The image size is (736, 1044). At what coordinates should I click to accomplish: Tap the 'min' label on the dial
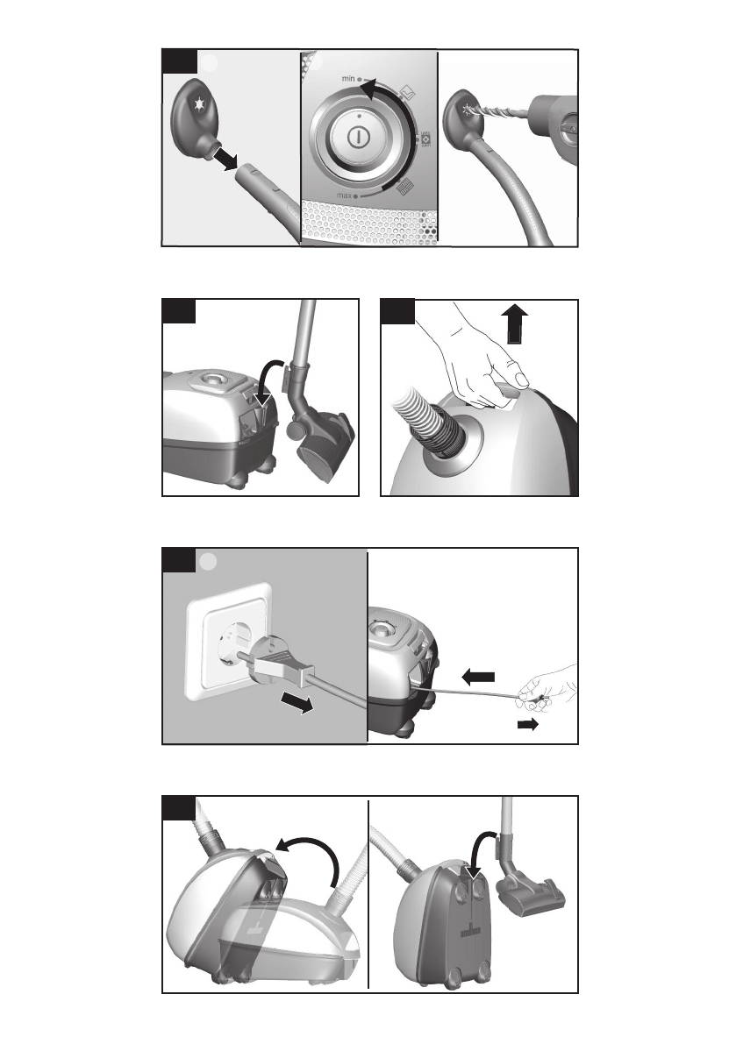pos(349,79)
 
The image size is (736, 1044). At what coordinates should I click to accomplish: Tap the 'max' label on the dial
pos(345,195)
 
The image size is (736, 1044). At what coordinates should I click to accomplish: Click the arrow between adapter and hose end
pos(225,160)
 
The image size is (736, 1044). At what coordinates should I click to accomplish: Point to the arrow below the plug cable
pos(297,703)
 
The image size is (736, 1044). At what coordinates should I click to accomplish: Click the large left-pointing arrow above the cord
pos(477,677)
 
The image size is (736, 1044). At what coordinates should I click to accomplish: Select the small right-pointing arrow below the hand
pos(527,724)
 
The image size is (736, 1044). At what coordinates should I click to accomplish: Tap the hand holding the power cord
pos(547,687)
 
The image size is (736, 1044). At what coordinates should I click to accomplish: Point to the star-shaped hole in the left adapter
pos(198,104)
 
